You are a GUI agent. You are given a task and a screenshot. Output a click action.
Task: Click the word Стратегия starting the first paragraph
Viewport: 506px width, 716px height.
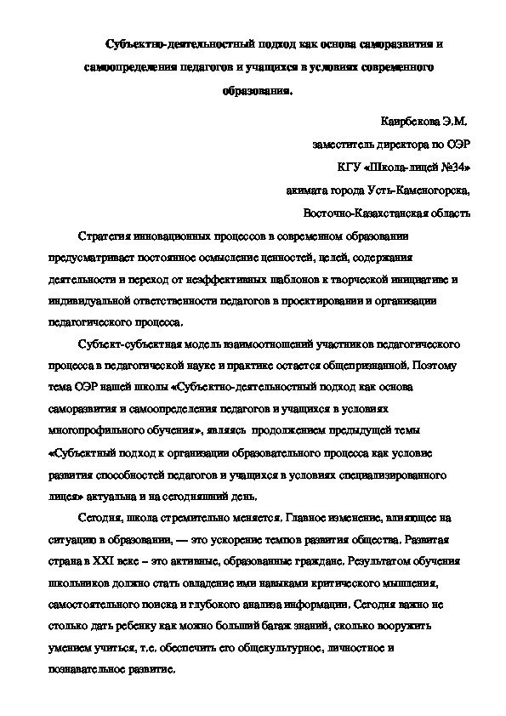pos(102,234)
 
